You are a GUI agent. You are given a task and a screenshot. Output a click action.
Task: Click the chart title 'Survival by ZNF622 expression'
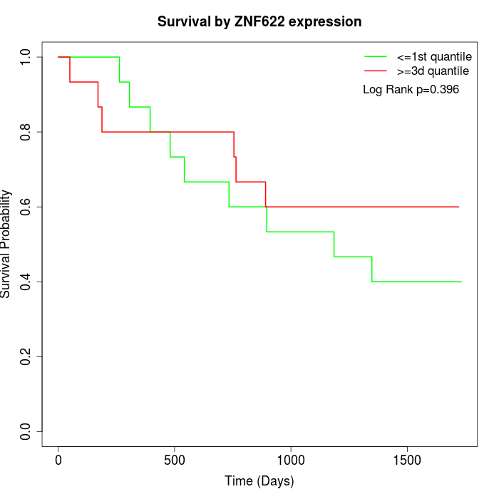(259, 21)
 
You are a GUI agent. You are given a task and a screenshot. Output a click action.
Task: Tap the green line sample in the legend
(375, 56)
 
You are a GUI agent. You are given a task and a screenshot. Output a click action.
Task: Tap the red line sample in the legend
(375, 71)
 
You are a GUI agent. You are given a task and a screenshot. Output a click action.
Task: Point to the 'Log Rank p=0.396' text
(411, 90)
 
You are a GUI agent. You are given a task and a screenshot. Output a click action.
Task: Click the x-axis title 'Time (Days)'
(259, 481)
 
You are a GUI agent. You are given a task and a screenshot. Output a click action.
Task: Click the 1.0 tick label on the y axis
(26, 57)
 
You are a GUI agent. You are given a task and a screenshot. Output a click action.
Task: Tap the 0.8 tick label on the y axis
(26, 132)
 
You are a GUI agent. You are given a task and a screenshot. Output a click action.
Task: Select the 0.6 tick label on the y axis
(26, 207)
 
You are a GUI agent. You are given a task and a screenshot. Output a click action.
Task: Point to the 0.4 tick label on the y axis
(26, 282)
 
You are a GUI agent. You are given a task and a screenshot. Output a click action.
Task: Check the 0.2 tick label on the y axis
(26, 356)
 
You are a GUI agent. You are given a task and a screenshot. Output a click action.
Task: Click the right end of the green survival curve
(461, 282)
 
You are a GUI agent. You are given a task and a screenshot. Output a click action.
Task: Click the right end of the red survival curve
(458, 207)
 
